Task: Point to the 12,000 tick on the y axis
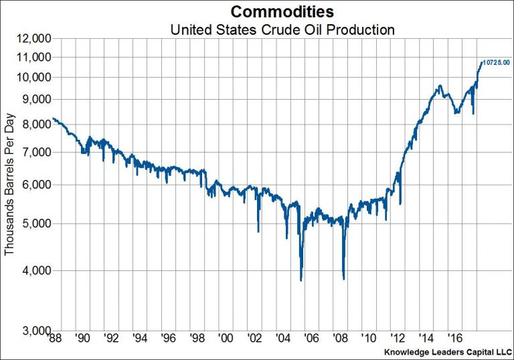[x=32, y=39]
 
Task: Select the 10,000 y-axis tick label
[x=32, y=77]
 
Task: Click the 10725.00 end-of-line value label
[x=496, y=62]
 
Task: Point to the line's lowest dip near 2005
[x=301, y=280]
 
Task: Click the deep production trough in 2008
[x=343, y=278]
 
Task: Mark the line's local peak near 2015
[x=439, y=86]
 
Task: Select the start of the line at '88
[x=53, y=118]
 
